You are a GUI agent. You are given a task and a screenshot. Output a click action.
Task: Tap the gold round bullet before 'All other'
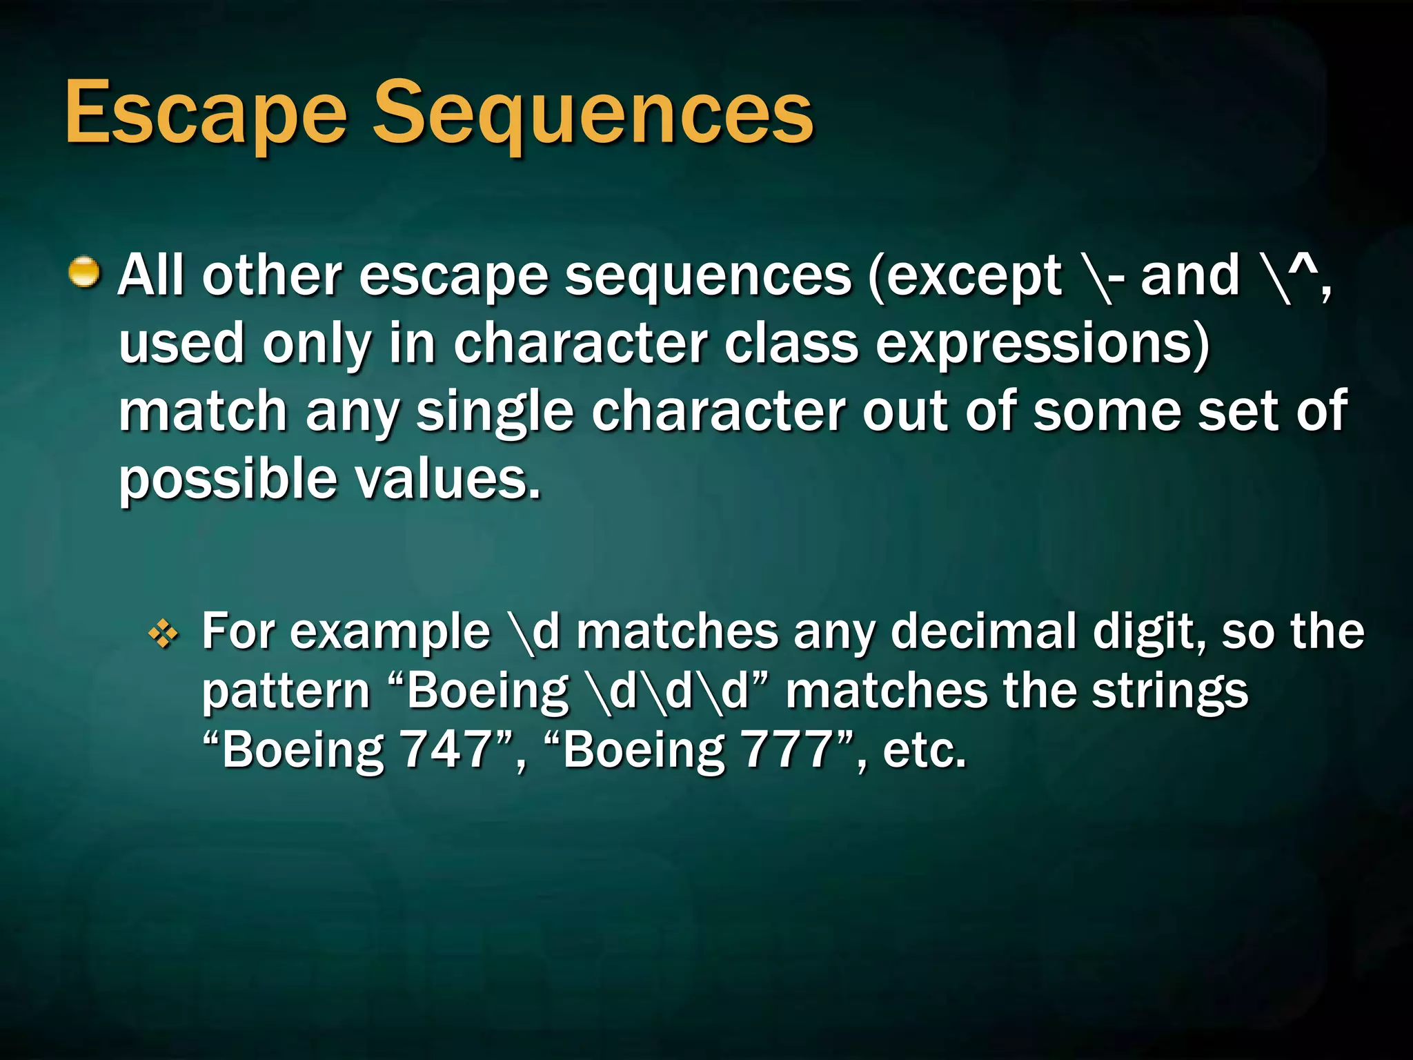click(84, 272)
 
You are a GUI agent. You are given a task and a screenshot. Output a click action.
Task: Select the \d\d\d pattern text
click(668, 691)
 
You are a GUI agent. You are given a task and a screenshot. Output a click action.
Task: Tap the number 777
click(787, 750)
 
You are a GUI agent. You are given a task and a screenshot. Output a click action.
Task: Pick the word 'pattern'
click(286, 692)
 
